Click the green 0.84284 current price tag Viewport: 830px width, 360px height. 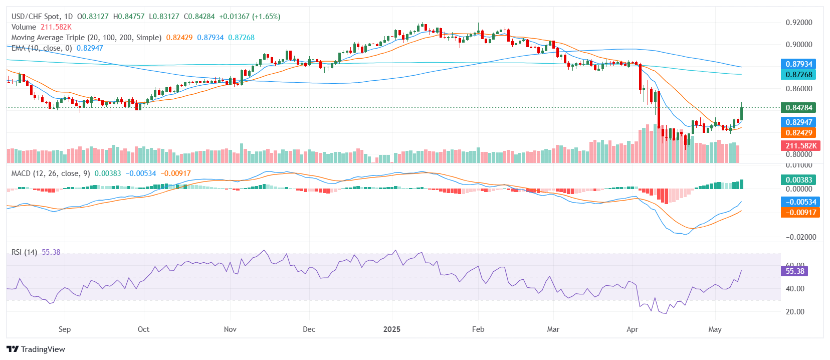coord(798,107)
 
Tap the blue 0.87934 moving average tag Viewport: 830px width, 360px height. coord(798,64)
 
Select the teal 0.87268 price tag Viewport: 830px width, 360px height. coord(798,74)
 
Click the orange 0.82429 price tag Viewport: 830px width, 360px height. coord(798,132)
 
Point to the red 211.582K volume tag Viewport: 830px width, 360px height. coord(801,145)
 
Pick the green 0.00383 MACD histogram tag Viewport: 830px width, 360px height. coord(798,179)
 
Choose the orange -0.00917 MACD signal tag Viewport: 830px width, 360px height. coord(798,212)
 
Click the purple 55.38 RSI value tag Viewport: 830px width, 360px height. coord(794,271)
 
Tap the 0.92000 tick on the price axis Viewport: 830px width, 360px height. coord(799,23)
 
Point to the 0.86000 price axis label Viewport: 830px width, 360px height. coord(799,89)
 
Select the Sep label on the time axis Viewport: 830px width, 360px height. coord(65,329)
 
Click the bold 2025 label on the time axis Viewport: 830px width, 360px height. coord(392,329)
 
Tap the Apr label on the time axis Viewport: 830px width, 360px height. coord(633,329)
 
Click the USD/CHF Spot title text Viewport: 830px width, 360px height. coord(35,17)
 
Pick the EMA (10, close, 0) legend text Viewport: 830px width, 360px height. coord(42,48)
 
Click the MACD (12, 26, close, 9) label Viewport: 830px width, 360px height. coord(51,173)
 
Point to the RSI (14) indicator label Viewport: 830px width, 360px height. coord(24,252)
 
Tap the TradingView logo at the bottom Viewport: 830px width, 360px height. coord(36,349)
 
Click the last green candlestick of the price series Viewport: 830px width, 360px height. coord(742,114)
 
